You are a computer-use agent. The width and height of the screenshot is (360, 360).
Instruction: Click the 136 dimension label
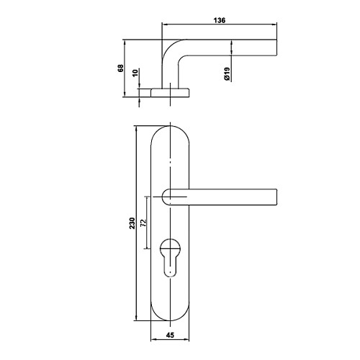pos(220,20)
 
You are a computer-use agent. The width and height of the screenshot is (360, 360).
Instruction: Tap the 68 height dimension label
pos(120,68)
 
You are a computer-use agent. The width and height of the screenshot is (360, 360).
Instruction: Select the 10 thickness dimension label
pos(135,73)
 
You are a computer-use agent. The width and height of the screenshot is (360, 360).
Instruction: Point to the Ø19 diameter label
pos(227,73)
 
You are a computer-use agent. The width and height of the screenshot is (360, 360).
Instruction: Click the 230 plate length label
pos(132,223)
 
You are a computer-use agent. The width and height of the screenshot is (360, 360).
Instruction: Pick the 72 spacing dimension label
pos(143,223)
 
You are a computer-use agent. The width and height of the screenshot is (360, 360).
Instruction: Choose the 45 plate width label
pos(170,335)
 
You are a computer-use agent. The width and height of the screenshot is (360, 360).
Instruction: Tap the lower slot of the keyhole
pos(170,266)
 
